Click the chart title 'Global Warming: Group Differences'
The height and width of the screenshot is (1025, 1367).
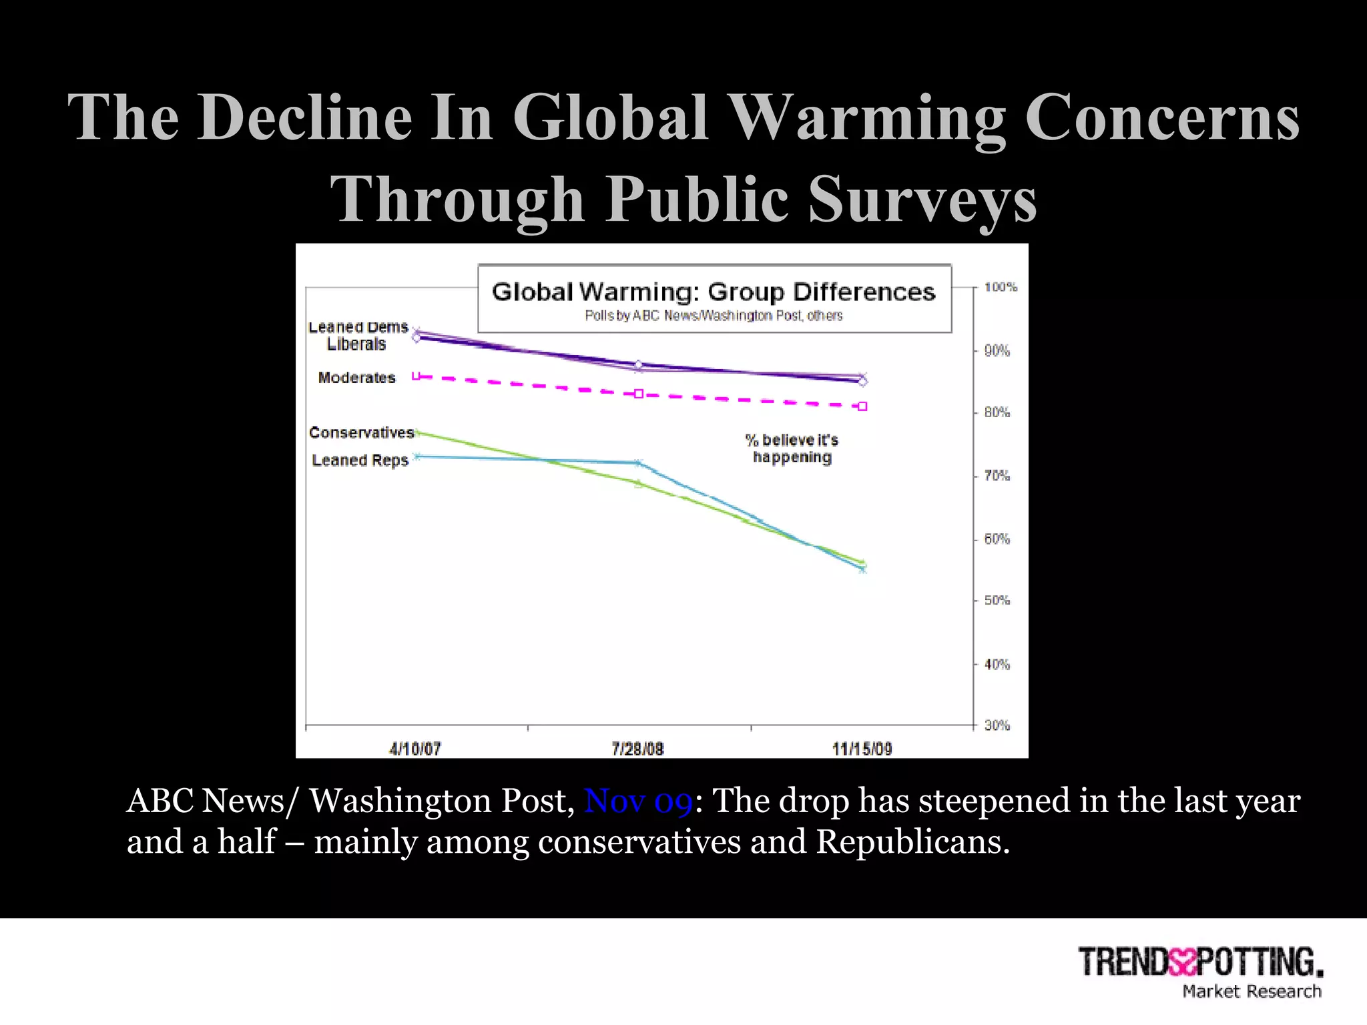point(714,292)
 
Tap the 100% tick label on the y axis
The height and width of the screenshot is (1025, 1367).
point(1001,287)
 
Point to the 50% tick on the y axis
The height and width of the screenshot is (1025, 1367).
point(997,601)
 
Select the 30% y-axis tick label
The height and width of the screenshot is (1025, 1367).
point(997,725)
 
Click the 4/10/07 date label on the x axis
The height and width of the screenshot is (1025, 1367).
point(415,749)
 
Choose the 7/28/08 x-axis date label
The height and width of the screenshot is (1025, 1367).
point(637,749)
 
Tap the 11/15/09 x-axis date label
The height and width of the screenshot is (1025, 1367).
point(862,749)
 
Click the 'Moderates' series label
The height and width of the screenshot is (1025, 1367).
point(356,378)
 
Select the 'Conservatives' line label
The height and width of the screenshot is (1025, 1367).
point(361,432)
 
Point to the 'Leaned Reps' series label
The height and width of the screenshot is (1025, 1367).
point(360,460)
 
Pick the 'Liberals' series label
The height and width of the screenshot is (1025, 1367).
point(356,344)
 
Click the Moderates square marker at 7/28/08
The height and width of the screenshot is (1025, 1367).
point(638,394)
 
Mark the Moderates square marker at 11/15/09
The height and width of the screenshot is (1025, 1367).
point(862,406)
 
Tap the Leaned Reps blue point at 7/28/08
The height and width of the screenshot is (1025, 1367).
point(638,462)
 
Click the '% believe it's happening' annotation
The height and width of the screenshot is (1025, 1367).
point(792,448)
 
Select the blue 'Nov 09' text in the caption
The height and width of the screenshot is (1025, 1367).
point(638,800)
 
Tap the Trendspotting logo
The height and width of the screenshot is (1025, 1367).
point(1200,962)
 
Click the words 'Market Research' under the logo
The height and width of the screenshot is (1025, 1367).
point(1252,992)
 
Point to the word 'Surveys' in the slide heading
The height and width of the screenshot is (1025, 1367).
point(922,199)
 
